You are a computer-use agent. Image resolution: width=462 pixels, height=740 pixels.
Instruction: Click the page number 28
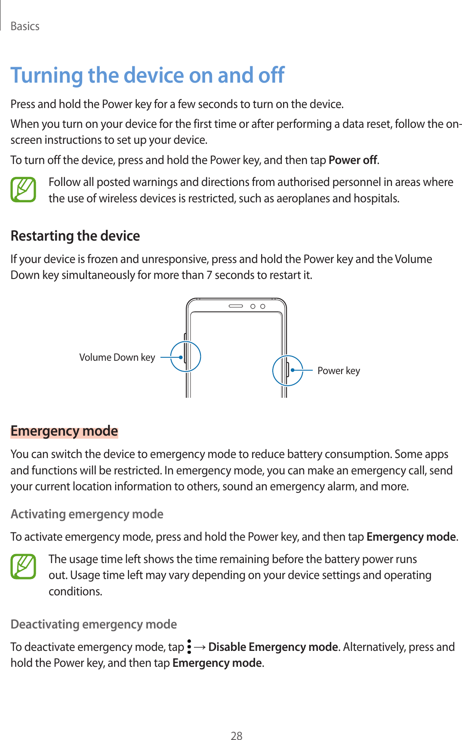point(237,736)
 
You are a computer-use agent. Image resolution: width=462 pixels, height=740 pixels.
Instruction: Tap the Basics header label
point(25,26)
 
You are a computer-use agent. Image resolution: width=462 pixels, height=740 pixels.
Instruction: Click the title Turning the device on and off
point(147,75)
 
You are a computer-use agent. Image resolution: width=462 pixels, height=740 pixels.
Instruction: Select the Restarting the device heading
point(75,236)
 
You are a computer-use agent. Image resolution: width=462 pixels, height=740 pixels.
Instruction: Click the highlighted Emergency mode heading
point(64,431)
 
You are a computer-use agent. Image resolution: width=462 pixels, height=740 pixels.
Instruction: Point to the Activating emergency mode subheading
point(87,514)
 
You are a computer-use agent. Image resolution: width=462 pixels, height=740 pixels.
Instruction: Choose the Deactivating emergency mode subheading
point(94,624)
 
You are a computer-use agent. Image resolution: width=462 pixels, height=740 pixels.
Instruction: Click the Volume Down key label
point(117,357)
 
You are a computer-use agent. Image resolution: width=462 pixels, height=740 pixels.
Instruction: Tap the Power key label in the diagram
point(339,371)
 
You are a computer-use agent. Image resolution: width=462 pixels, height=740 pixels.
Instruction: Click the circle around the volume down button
point(185,356)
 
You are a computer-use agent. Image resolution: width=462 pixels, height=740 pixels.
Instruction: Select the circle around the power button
point(287,370)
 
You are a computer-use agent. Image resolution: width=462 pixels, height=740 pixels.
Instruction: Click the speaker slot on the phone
point(236,306)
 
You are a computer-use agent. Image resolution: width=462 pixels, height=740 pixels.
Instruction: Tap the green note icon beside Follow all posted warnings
point(23,190)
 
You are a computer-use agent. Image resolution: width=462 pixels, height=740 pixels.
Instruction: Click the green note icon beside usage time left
point(23,567)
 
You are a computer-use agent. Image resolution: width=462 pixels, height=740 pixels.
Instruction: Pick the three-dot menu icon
point(189,647)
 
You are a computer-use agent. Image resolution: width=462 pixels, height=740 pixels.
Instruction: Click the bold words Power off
point(353,160)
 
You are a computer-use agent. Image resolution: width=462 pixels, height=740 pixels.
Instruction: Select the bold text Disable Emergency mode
point(273,647)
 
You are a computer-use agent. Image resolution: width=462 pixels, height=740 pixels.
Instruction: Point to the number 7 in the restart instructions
point(209,275)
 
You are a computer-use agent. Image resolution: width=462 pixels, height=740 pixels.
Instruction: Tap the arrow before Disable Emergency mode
point(200,647)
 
